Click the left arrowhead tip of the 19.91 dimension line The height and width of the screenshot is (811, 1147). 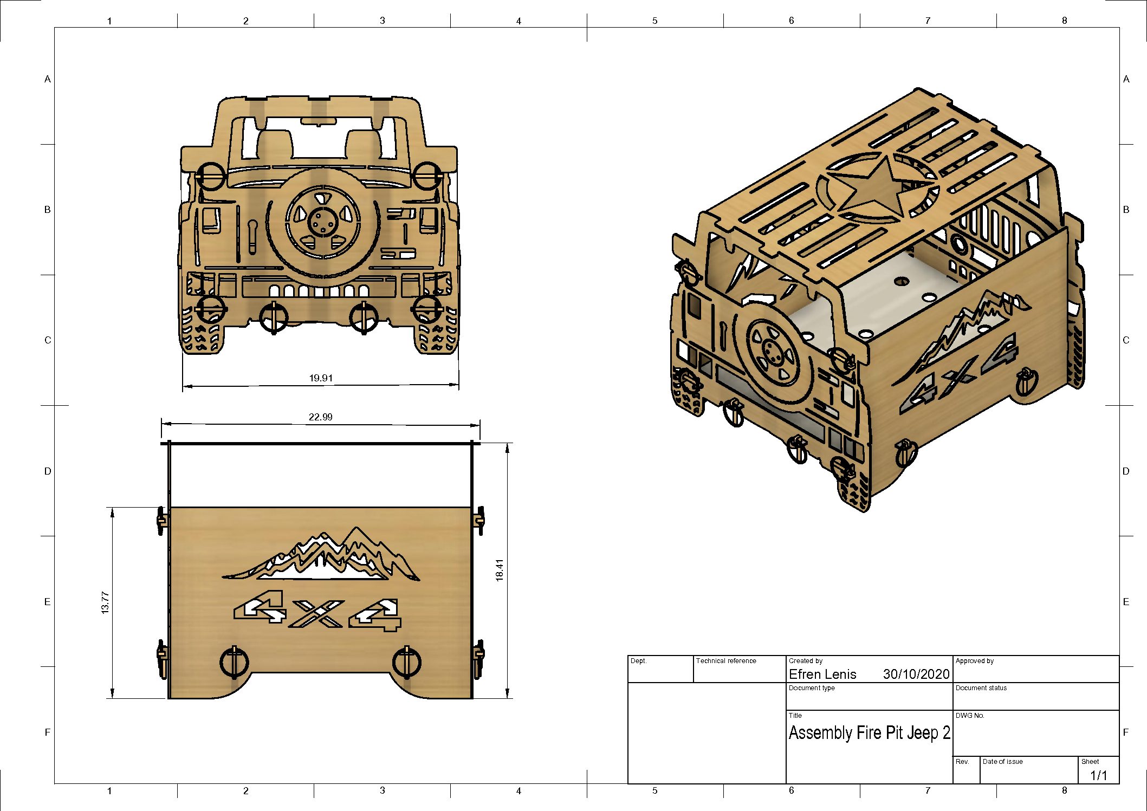(x=183, y=386)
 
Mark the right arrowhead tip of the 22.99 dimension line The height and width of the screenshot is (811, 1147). (x=480, y=425)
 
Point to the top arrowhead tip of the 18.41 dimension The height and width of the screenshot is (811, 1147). (x=508, y=444)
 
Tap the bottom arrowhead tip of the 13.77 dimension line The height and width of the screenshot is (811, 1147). (x=112, y=698)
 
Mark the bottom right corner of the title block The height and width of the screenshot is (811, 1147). (x=1119, y=783)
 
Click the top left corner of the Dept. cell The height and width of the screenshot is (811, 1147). (x=628, y=656)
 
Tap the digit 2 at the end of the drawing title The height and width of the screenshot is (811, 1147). (x=946, y=733)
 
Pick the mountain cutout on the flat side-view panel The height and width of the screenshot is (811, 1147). (x=321, y=555)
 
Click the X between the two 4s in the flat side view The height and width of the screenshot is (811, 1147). (x=316, y=614)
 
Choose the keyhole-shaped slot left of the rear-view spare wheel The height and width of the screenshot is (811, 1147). (x=252, y=236)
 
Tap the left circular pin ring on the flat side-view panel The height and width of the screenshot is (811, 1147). (x=234, y=662)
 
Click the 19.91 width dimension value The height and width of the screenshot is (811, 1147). (x=321, y=378)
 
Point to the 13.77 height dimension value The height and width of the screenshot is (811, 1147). (x=105, y=602)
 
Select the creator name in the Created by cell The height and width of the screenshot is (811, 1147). (x=822, y=674)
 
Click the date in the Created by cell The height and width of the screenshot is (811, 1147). (x=916, y=674)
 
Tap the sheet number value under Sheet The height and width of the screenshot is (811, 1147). (x=1098, y=775)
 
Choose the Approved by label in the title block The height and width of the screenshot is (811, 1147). (x=975, y=661)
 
